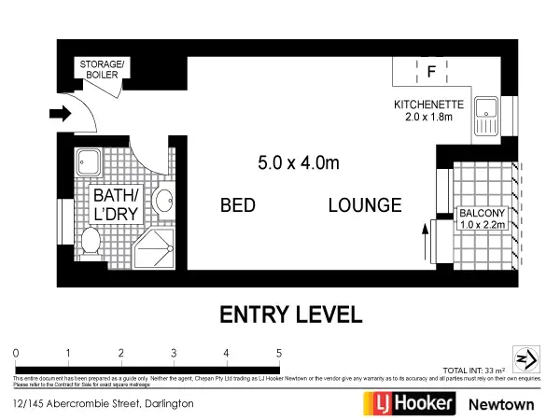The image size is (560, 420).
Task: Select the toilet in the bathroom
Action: pyautogui.click(x=91, y=243)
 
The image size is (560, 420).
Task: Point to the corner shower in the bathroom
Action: pyautogui.click(x=154, y=246)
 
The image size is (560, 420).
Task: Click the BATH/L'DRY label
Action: pyautogui.click(x=115, y=203)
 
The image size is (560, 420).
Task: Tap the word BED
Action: pyautogui.click(x=238, y=205)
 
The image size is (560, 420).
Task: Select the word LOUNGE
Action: pyautogui.click(x=365, y=205)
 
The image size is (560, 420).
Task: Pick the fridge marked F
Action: pyautogui.click(x=431, y=71)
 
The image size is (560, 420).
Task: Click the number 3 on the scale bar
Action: pyautogui.click(x=175, y=352)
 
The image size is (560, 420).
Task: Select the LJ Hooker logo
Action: pyautogui.click(x=409, y=403)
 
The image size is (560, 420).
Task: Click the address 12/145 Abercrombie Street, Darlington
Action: pyautogui.click(x=104, y=404)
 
